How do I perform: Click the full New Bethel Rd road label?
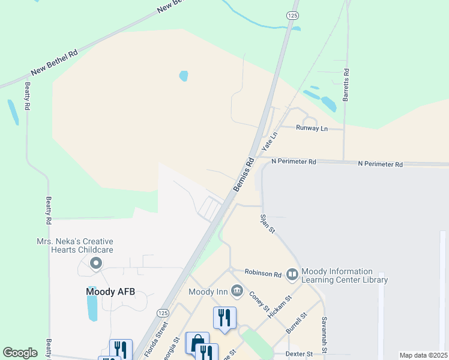(x=55, y=62)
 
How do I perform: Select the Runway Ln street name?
(x=312, y=128)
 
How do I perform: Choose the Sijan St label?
(x=267, y=223)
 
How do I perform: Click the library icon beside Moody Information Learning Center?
(x=292, y=274)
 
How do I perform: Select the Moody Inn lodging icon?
(x=237, y=292)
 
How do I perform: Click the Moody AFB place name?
(x=110, y=292)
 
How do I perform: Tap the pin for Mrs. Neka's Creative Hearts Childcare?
(x=95, y=263)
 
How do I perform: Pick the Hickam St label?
(x=280, y=306)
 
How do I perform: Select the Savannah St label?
(x=324, y=334)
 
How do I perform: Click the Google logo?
(x=20, y=353)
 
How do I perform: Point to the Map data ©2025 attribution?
(x=423, y=355)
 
